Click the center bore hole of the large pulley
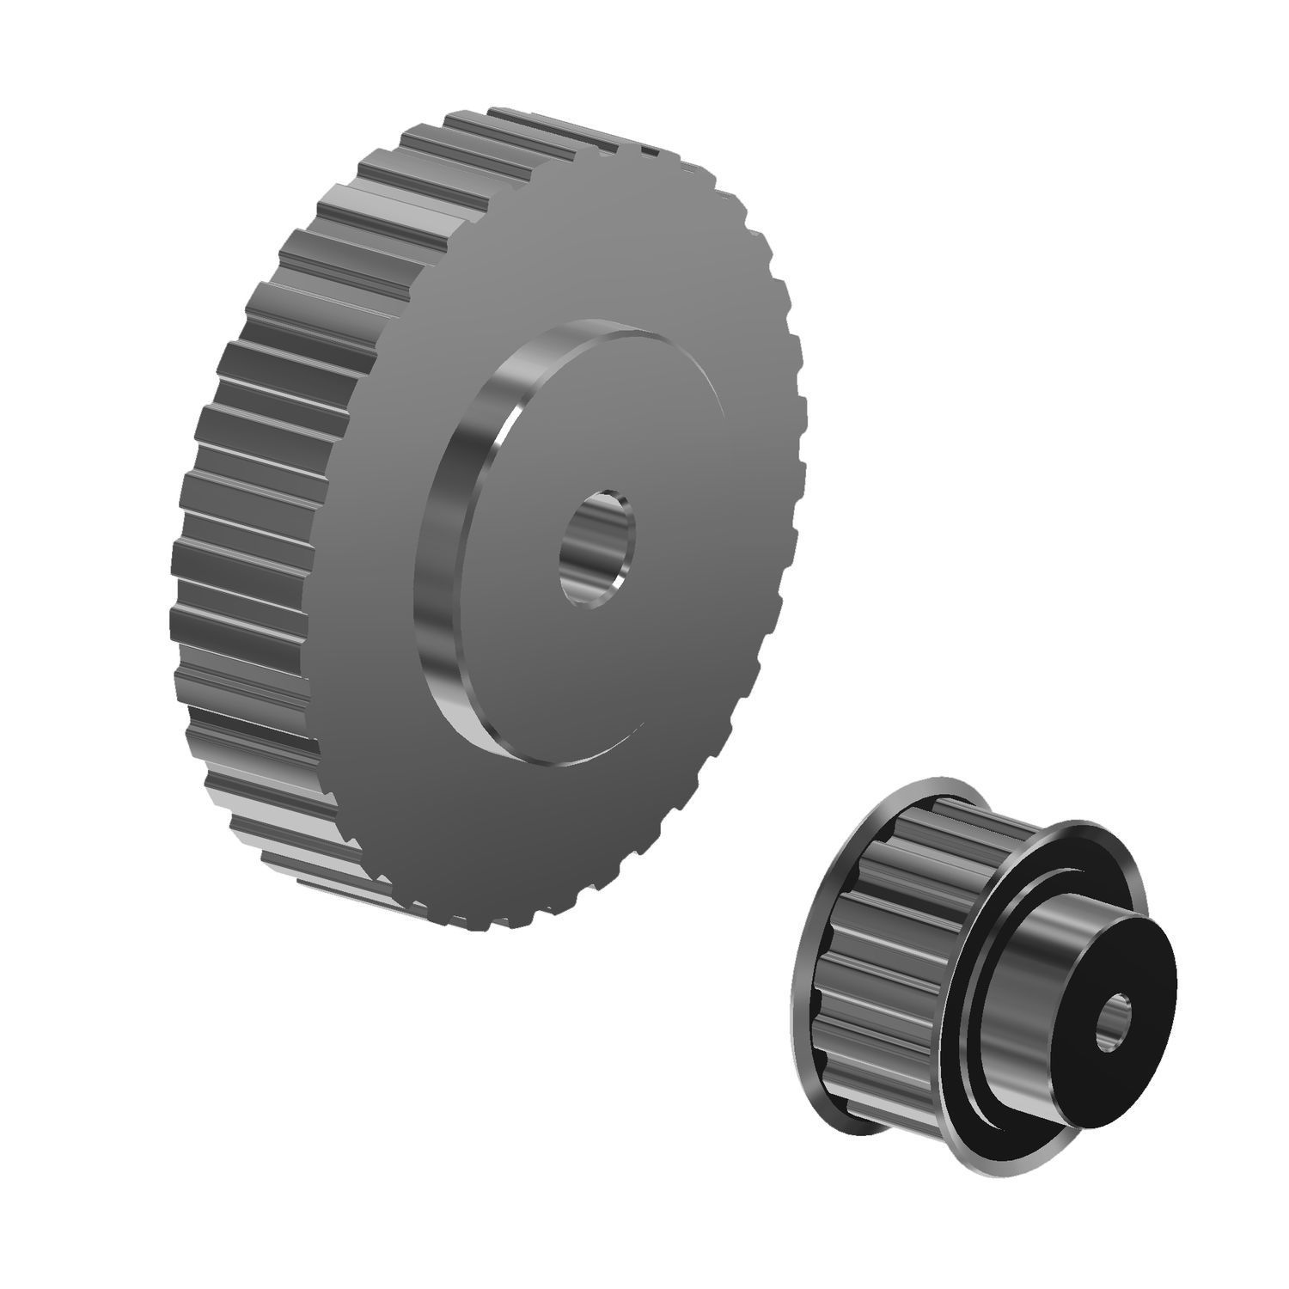point(597,550)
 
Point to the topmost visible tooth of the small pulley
point(945,803)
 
